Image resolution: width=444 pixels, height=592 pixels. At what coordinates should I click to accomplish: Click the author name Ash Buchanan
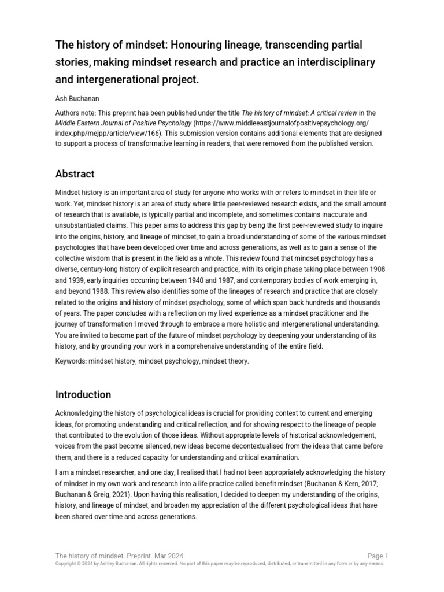[78, 98]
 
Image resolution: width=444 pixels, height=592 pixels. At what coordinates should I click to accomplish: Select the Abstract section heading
[75, 174]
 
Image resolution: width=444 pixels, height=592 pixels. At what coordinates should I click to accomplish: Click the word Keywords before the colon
[72, 361]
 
